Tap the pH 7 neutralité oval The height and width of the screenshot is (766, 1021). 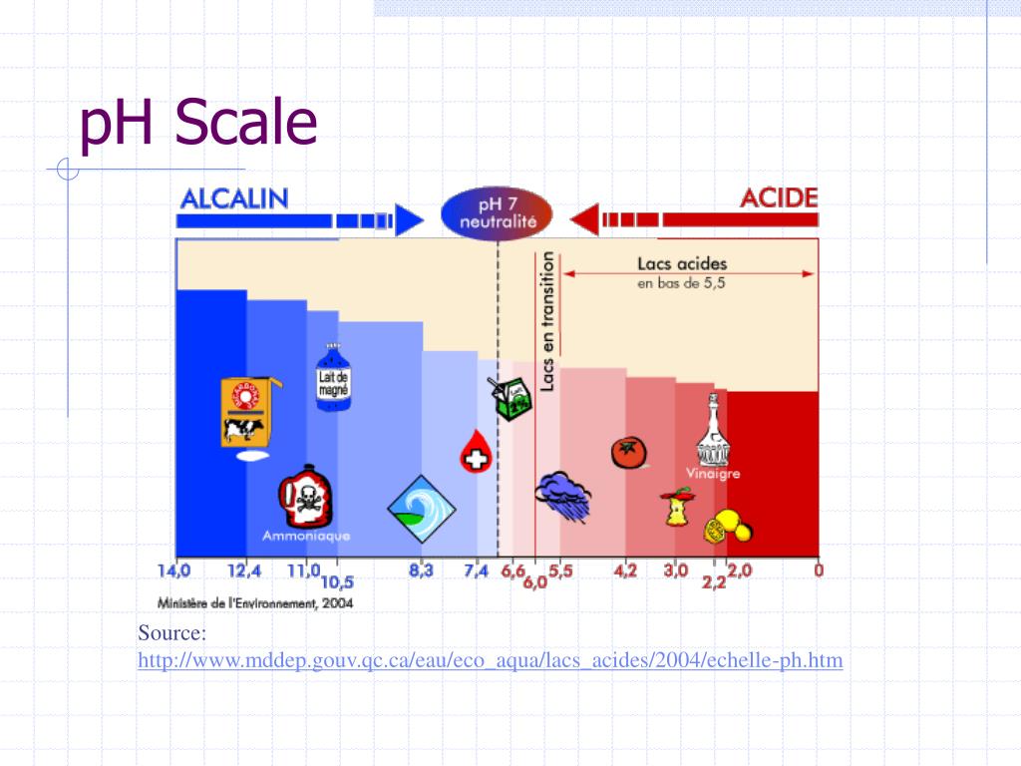(x=498, y=212)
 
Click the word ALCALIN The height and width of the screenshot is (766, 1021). (x=234, y=197)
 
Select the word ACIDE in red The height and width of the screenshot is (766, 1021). (x=779, y=197)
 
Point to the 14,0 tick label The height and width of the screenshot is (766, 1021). (x=173, y=573)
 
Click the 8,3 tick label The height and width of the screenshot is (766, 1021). (x=421, y=573)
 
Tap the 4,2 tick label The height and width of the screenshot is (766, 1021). (x=625, y=573)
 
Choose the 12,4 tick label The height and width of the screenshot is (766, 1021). (x=244, y=573)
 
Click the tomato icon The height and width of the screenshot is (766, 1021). (x=628, y=452)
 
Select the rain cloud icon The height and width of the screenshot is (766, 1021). (x=563, y=493)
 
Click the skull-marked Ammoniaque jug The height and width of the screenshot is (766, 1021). (x=304, y=496)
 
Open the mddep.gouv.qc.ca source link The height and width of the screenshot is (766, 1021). (x=490, y=660)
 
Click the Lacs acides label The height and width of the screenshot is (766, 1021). (x=682, y=264)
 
